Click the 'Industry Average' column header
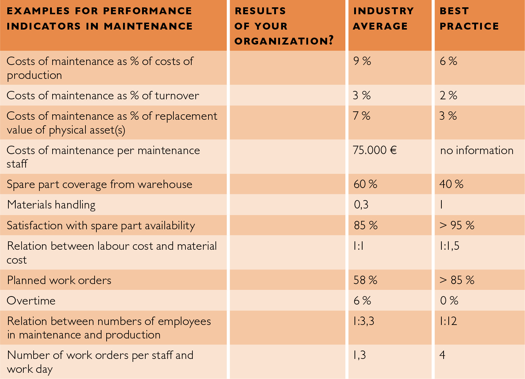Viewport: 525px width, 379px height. tap(383, 19)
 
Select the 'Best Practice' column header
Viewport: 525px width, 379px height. tap(469, 19)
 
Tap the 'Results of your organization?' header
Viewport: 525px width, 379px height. tap(284, 26)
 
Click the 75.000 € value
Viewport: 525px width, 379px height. tap(375, 150)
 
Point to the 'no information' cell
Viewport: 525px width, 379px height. tap(476, 150)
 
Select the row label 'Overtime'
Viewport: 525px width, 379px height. tap(31, 300)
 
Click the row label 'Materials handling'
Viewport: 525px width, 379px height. tap(51, 205)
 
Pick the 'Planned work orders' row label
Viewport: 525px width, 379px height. tap(59, 280)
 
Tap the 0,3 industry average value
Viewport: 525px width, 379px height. tap(361, 205)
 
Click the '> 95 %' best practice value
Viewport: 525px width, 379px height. tap(457, 225)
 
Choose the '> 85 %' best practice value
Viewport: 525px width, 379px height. tap(457, 280)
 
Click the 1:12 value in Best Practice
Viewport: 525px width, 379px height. tap(448, 321)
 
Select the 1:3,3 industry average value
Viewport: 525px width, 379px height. tap(364, 321)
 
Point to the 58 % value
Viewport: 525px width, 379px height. tap(365, 280)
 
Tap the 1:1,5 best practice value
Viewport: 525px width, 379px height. tap(449, 246)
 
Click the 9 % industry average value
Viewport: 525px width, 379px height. tap(362, 61)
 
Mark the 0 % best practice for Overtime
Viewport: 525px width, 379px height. tap(449, 300)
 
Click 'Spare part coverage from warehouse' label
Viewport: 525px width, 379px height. tap(99, 184)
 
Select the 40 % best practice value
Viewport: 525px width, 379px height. tap(451, 184)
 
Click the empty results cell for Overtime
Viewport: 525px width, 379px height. tap(287, 300)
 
